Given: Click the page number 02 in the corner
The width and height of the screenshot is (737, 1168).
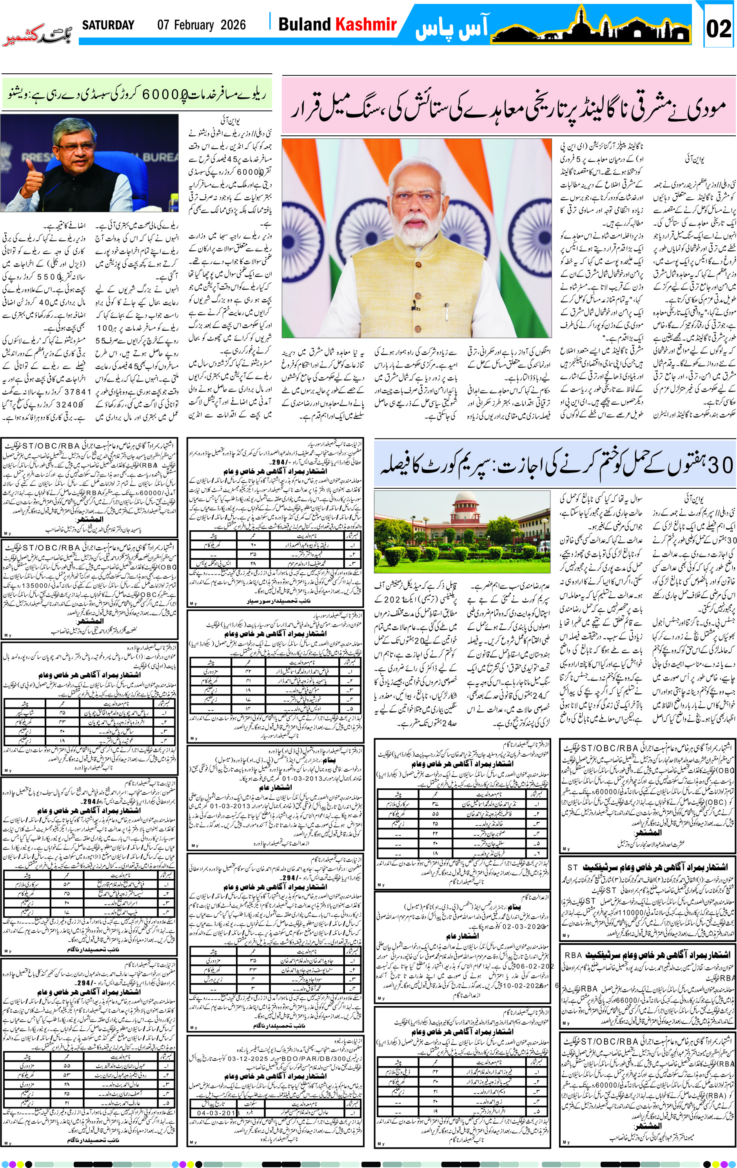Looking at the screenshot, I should tap(718, 28).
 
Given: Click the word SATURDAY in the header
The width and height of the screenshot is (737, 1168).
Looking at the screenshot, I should tap(108, 25).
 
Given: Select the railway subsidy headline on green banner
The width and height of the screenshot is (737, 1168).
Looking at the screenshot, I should tap(137, 94).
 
